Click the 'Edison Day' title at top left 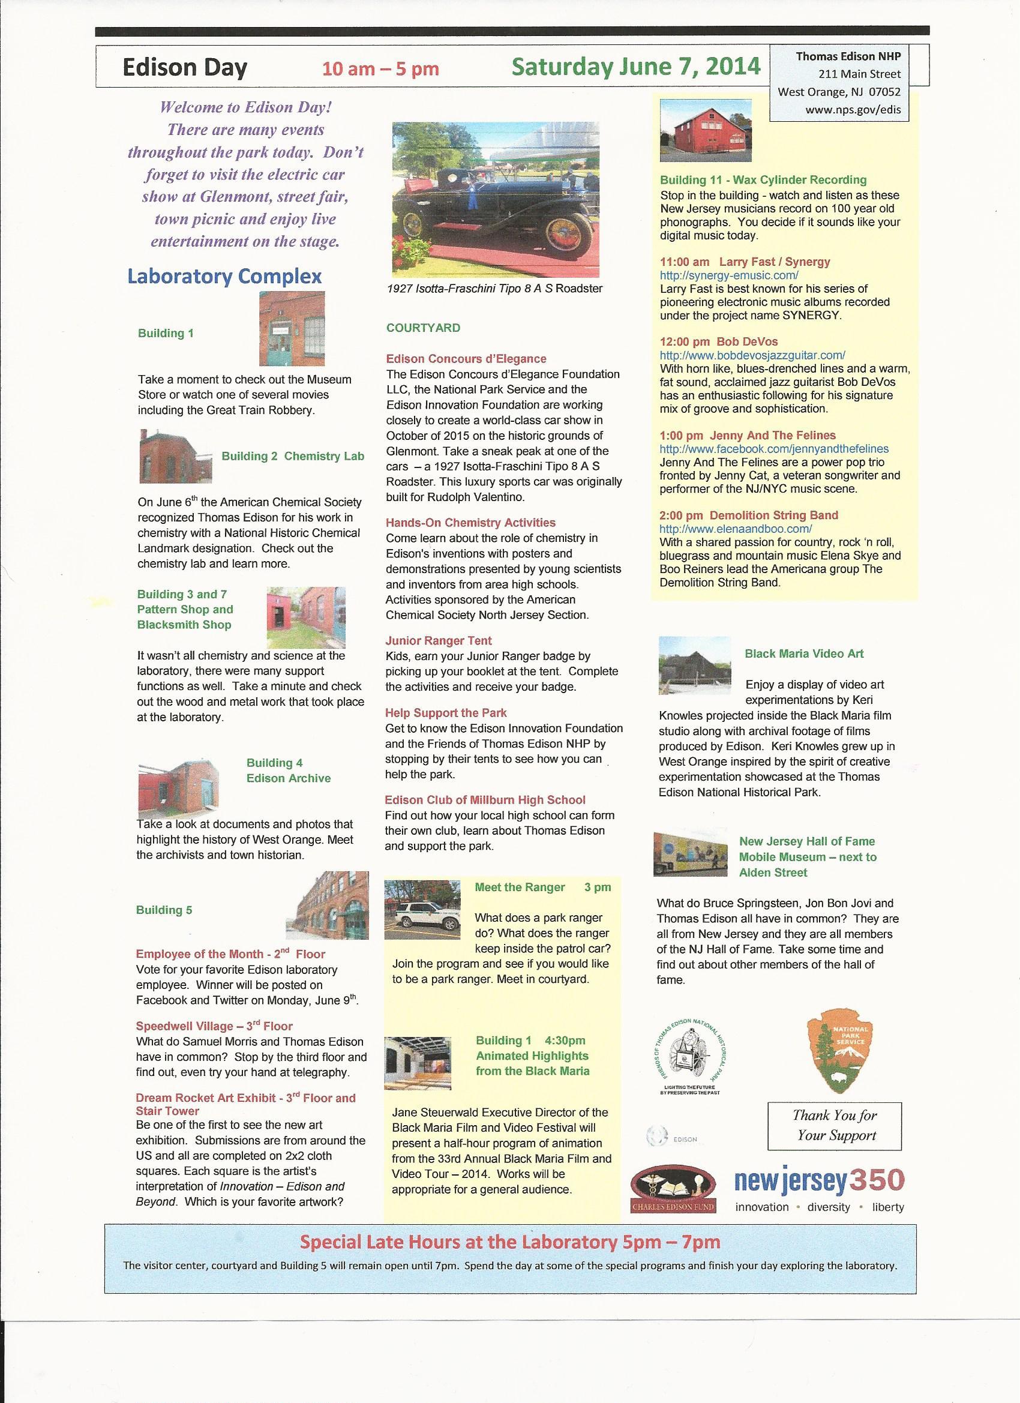pos(184,67)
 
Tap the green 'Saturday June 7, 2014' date pos(636,66)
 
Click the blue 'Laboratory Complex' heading pos(224,276)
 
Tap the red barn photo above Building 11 pos(706,131)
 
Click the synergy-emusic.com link pos(728,275)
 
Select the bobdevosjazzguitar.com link pos(752,355)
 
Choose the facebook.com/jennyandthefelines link pos(774,448)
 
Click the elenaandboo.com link pos(736,529)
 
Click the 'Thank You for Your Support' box pos(835,1125)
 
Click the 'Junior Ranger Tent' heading pos(439,641)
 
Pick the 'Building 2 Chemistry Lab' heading pos(293,456)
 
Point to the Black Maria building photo pos(695,665)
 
